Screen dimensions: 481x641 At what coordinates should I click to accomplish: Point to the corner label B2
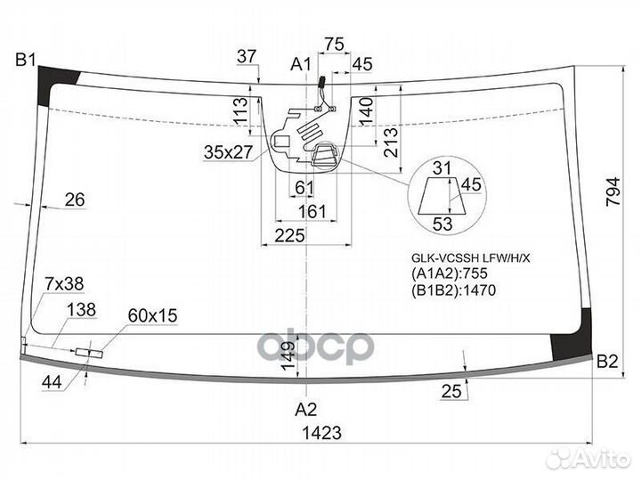coord(607,362)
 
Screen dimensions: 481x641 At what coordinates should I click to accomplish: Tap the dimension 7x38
coord(64,284)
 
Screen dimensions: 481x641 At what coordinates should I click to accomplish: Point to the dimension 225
coord(290,235)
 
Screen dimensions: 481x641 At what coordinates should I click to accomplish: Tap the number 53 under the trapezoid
coord(442,223)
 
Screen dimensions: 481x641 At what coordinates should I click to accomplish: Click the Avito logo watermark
coord(588,457)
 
